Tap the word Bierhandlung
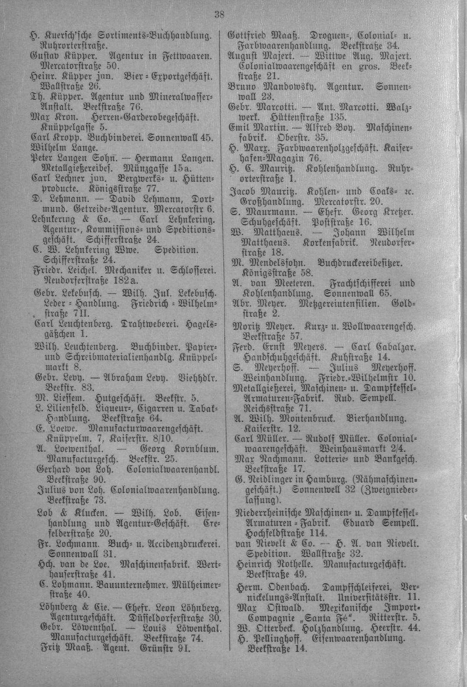(377, 418)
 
